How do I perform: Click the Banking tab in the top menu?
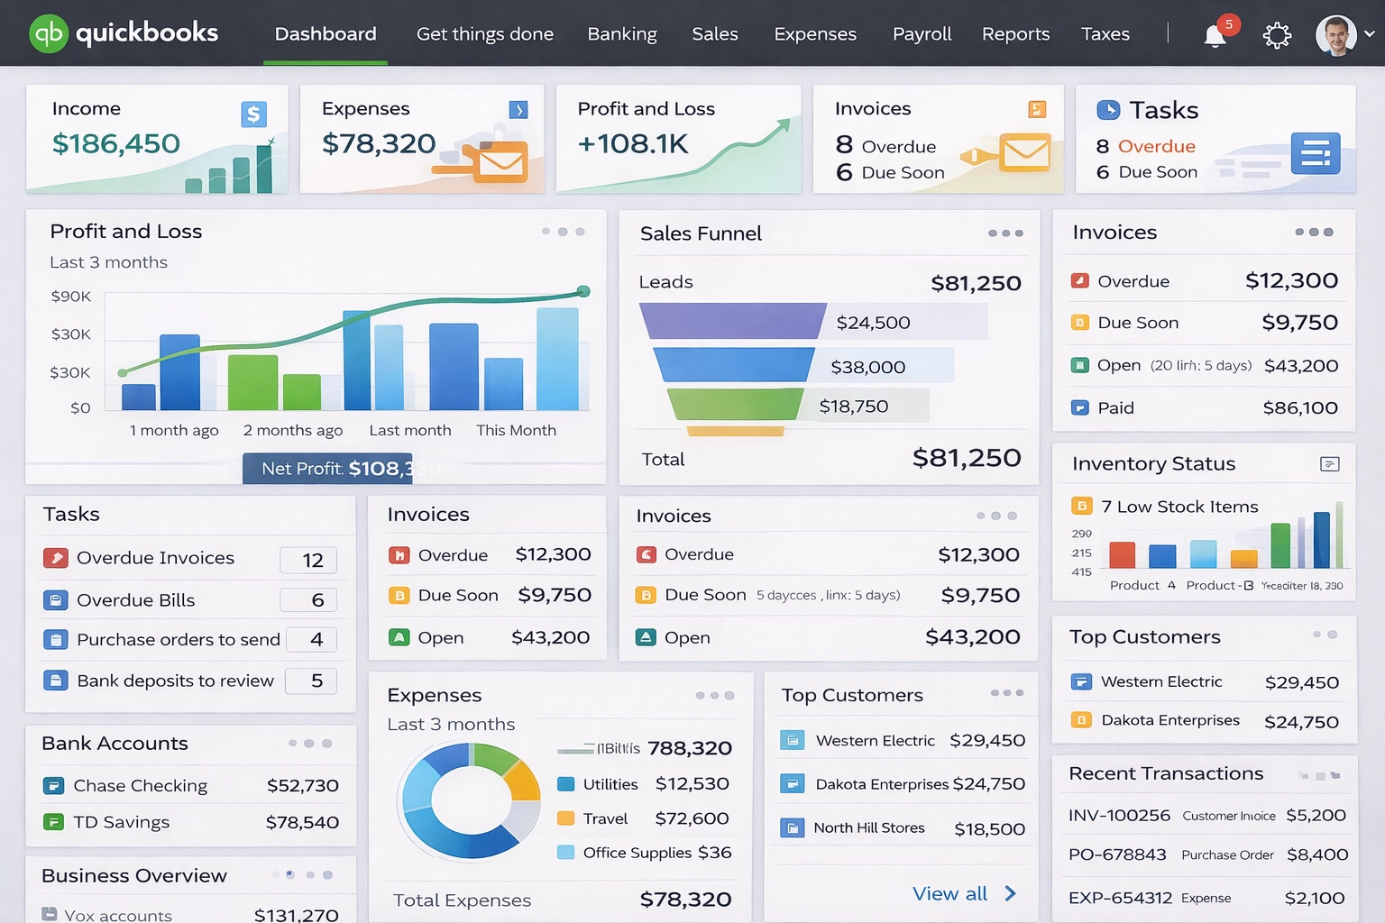click(622, 34)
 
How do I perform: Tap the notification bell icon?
click(1215, 35)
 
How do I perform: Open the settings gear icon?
click(1277, 36)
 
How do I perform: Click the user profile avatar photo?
click(1335, 35)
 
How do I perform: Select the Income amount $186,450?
click(116, 143)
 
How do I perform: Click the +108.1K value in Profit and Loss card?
click(633, 143)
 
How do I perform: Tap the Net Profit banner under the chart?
click(327, 469)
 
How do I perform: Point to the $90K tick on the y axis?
click(71, 297)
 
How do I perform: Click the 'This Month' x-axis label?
click(516, 431)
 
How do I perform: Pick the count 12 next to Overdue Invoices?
click(312, 561)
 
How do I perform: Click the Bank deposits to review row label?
click(175, 681)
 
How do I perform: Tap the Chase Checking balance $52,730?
click(302, 786)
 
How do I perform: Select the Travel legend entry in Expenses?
click(604, 818)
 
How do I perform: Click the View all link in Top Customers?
click(950, 894)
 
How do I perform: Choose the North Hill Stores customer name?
click(868, 828)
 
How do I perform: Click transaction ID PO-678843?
click(1117, 854)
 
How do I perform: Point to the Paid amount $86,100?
click(1299, 408)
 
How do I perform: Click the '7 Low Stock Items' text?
click(1179, 507)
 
